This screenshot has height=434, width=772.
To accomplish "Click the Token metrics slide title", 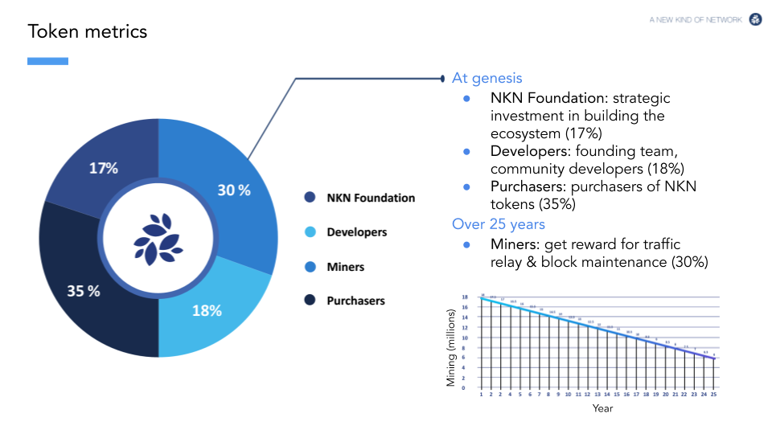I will (88, 31).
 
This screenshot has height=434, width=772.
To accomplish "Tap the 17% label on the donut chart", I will (104, 169).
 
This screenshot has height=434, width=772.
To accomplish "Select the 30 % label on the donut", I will (234, 190).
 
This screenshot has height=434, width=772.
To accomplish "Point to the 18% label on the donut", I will (207, 310).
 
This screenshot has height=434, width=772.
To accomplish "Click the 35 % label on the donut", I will (84, 291).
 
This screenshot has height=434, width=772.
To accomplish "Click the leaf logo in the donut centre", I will (158, 239).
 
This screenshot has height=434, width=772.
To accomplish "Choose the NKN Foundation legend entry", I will (370, 198).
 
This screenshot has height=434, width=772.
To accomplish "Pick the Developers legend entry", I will (356, 232).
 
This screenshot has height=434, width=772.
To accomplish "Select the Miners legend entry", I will (345, 267).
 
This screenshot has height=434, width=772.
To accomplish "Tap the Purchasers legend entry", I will (355, 301).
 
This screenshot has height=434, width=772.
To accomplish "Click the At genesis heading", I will (487, 78).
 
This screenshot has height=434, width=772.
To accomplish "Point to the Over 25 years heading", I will (499, 224).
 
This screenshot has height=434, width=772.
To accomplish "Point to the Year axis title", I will (602, 408).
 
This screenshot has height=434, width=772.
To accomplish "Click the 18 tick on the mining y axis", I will (463, 297).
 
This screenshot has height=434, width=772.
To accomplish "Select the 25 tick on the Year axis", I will (713, 395).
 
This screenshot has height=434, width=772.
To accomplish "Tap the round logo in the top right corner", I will (756, 19).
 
